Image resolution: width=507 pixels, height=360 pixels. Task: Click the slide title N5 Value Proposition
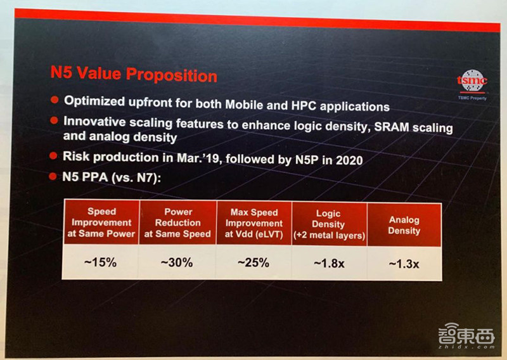(134, 74)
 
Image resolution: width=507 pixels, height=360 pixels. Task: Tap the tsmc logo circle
(472, 81)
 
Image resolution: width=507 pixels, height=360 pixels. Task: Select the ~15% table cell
(102, 262)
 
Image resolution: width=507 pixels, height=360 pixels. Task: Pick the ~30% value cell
(178, 262)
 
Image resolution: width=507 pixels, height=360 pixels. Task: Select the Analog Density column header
(404, 226)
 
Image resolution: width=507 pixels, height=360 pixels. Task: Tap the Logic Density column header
(329, 224)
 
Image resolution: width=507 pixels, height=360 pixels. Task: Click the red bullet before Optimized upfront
(55, 100)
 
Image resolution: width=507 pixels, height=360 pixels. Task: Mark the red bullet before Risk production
(55, 155)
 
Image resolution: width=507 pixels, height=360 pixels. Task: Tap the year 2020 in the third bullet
(346, 160)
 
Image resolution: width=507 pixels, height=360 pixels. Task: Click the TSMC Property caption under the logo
(472, 99)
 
